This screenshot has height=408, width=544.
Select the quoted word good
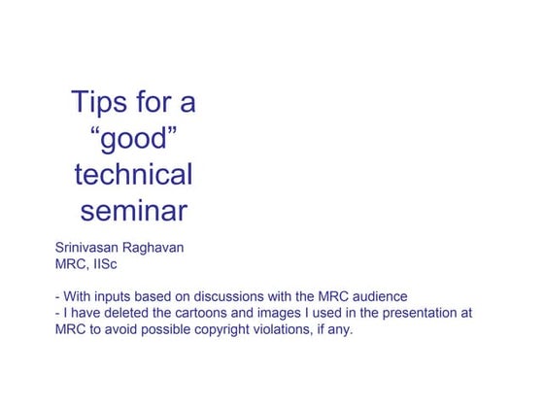tap(133, 139)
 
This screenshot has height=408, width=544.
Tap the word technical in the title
tap(133, 175)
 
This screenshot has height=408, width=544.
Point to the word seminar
tap(133, 211)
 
